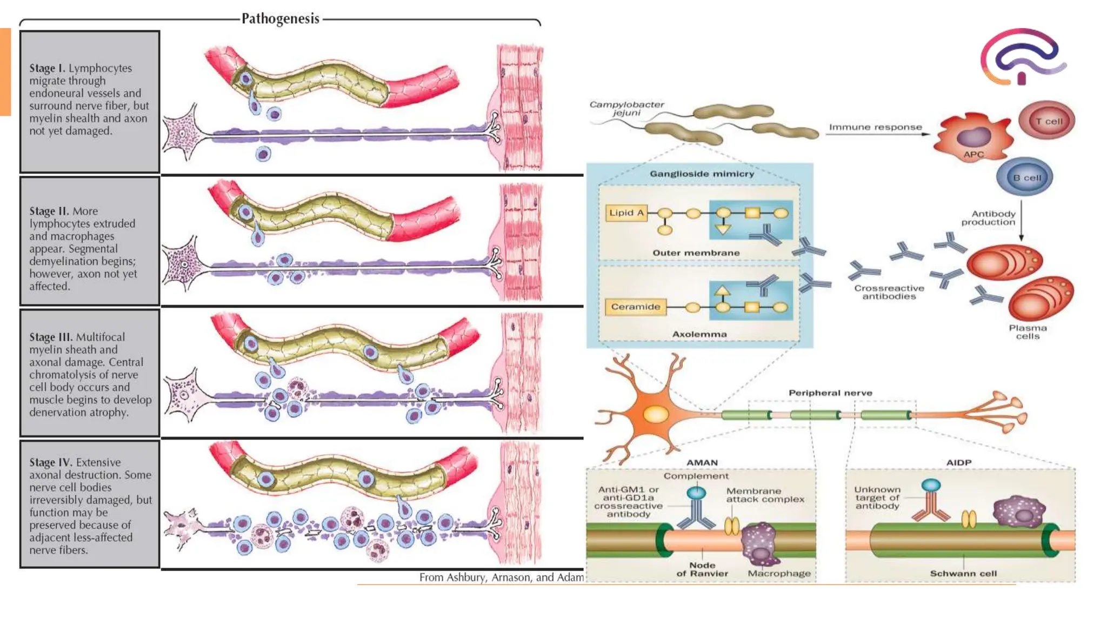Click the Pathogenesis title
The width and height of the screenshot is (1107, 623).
tap(280, 19)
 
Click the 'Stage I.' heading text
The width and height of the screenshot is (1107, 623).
tap(47, 68)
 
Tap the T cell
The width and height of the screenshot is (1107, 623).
tap(1047, 121)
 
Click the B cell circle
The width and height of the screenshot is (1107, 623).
tap(1025, 177)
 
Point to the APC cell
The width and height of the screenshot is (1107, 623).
tap(973, 138)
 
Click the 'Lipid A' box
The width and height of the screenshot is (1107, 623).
tap(626, 213)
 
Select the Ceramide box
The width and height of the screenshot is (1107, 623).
tap(635, 307)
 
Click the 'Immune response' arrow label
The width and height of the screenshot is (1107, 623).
tap(875, 127)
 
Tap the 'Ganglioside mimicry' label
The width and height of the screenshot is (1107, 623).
tap(701, 174)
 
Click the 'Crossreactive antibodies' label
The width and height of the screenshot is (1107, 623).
tap(889, 292)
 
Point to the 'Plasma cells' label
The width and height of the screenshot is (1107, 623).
tap(1028, 332)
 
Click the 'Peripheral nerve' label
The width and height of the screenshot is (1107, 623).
tap(830, 393)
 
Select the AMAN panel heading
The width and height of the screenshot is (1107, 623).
tap(702, 462)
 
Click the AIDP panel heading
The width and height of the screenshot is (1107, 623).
tap(958, 462)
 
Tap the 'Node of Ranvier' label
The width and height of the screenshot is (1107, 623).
tap(702, 569)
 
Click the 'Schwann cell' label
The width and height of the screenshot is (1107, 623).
tap(963, 573)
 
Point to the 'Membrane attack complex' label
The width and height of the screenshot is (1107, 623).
tap(765, 495)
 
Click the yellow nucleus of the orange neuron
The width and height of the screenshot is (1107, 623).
tap(655, 415)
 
